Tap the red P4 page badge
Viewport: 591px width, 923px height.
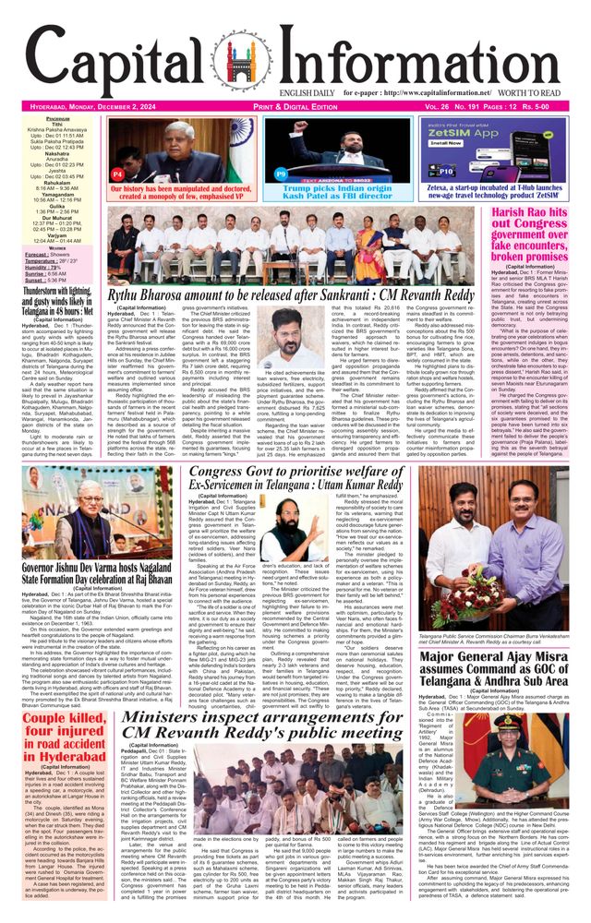tap(117, 174)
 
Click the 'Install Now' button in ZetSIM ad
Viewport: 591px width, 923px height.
tap(446, 143)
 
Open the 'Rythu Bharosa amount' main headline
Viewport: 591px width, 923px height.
tap(293, 294)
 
